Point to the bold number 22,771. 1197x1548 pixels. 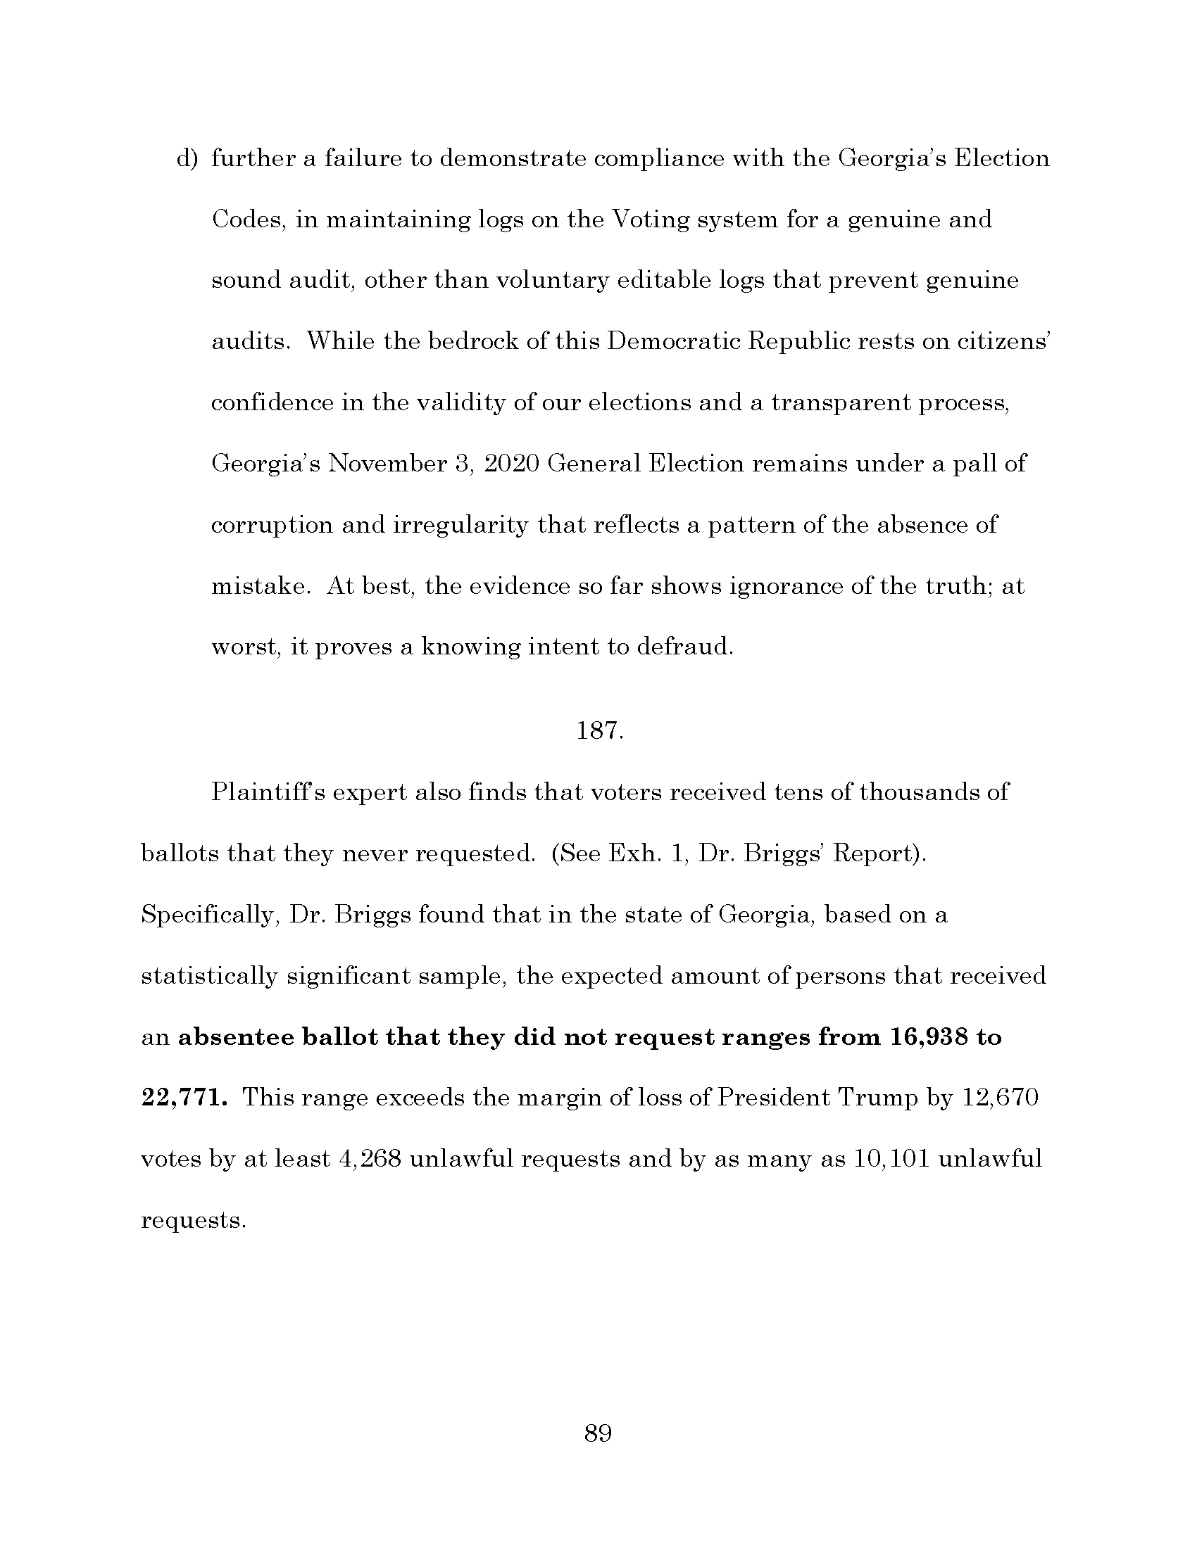(184, 1098)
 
